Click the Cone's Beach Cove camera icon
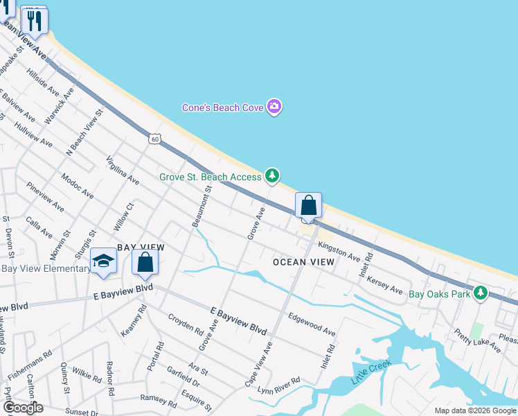pos(274,107)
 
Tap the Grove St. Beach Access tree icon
pos(273,176)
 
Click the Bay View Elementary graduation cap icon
pos(103,261)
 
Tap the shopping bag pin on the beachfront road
pos(308,206)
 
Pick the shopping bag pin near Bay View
pos(145,261)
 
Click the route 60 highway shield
pos(154,139)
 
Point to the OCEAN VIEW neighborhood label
pos(303,262)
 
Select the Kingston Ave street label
pos(339,252)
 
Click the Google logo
pos(22,407)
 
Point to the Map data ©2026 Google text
pos(474,410)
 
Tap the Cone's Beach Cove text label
pos(221,107)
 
